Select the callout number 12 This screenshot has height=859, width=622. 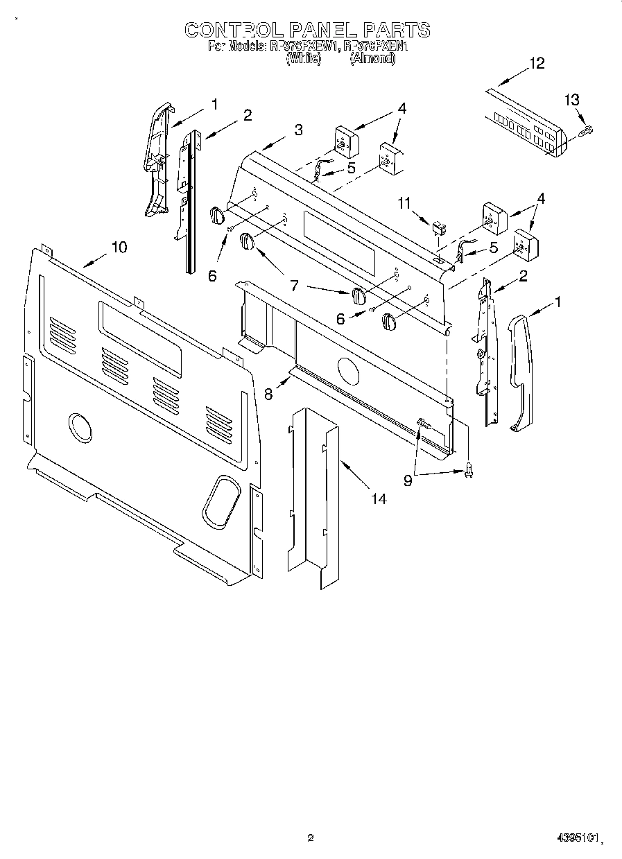pyautogui.click(x=537, y=63)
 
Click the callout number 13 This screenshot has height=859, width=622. pyautogui.click(x=571, y=100)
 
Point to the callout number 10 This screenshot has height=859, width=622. pyautogui.click(x=119, y=247)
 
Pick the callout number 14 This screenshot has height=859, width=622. pyautogui.click(x=378, y=498)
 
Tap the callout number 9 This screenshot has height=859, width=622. pyautogui.click(x=408, y=480)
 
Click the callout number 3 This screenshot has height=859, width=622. pyautogui.click(x=297, y=130)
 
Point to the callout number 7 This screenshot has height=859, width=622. pyautogui.click(x=293, y=286)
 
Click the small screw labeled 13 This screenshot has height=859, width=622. pyautogui.click(x=587, y=130)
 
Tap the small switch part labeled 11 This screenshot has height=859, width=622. pyautogui.click(x=438, y=227)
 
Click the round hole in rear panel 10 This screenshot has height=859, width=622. pyautogui.click(x=80, y=426)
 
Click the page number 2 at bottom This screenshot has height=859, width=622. pyautogui.click(x=311, y=838)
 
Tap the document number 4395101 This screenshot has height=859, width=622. pyautogui.click(x=577, y=839)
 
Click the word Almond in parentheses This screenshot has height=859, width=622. pyautogui.click(x=372, y=60)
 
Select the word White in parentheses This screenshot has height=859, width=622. pyautogui.click(x=304, y=60)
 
